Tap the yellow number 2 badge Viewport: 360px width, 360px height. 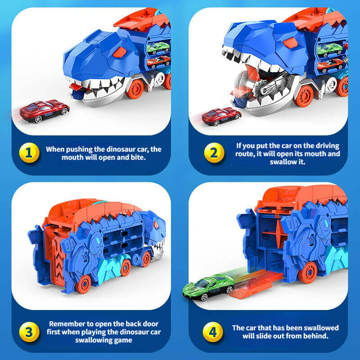pos(213,153)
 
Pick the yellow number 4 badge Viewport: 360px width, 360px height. pos(213,332)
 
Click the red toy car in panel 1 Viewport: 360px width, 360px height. pos(45,111)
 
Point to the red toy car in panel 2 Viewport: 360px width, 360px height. pos(221,116)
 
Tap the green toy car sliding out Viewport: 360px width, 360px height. pos(208,287)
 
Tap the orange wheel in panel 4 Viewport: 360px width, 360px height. pos(308,272)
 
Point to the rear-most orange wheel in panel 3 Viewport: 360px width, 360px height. pos(84,283)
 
